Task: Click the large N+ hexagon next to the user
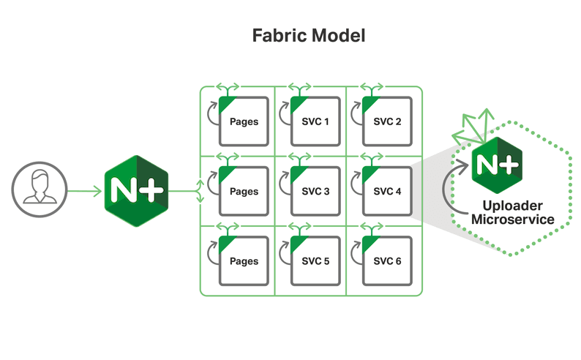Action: (x=136, y=192)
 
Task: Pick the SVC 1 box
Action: (x=315, y=121)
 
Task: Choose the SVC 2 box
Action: (x=386, y=121)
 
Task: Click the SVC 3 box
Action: (x=315, y=192)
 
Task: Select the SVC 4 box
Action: (x=386, y=192)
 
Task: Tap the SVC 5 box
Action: (x=315, y=261)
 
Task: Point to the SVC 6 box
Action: (x=386, y=261)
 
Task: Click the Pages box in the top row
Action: (x=244, y=121)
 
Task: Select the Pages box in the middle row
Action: (x=244, y=192)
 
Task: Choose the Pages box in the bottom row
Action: (x=244, y=261)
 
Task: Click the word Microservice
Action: (x=512, y=220)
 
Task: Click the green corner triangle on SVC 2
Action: (x=368, y=103)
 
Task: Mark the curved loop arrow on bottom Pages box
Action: (x=212, y=253)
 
